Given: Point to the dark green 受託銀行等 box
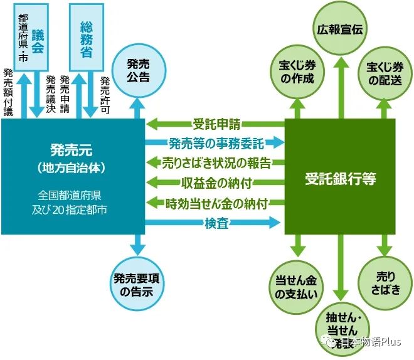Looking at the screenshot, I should coord(340,178).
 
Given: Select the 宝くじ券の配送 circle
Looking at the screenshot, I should coord(385,73).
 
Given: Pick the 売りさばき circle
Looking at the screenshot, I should coord(385,282).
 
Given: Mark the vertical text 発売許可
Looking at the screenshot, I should coord(105,95).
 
